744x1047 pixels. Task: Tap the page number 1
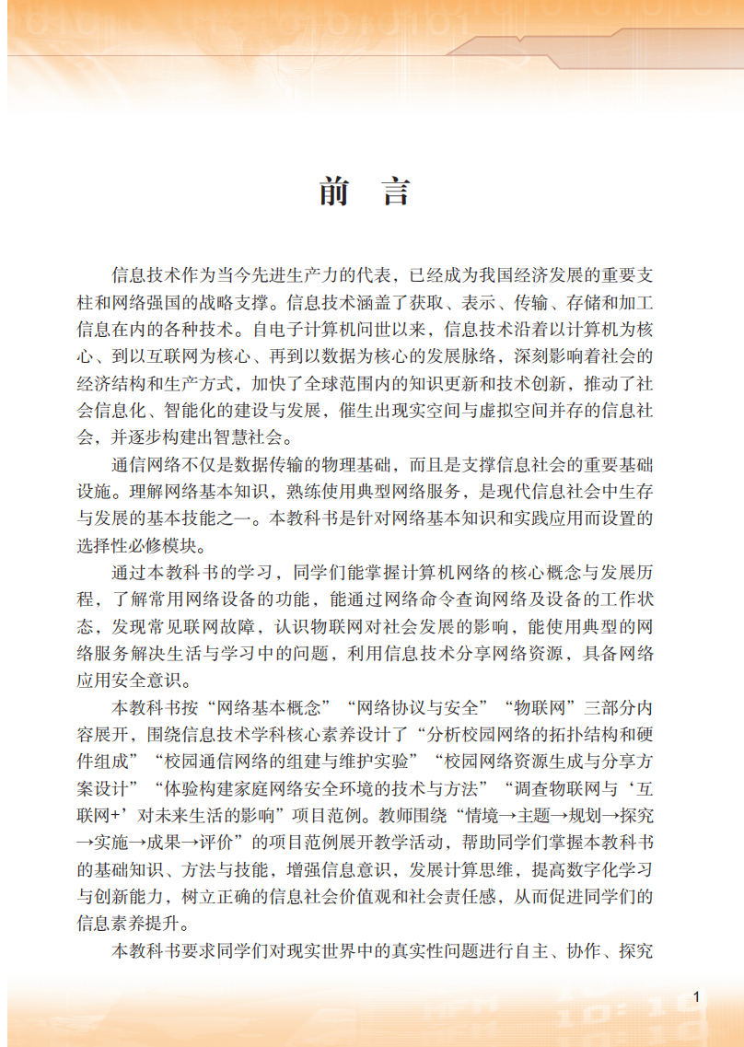697,997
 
